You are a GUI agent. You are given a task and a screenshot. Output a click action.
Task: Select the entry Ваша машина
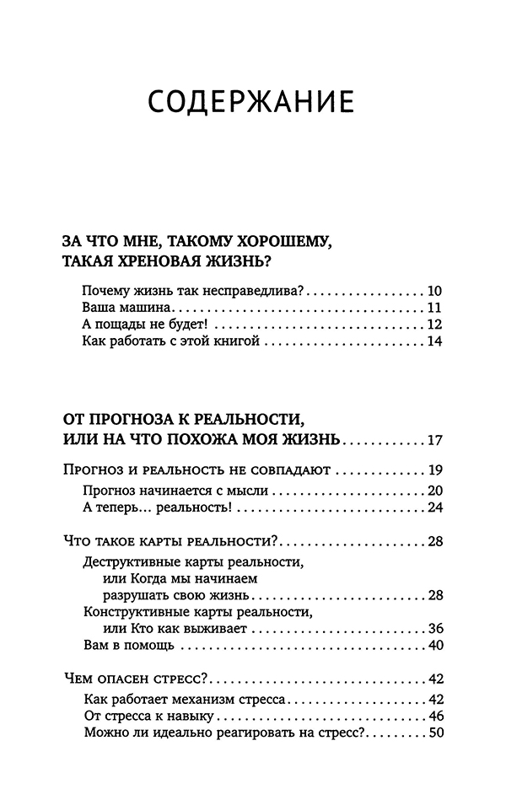[127, 307]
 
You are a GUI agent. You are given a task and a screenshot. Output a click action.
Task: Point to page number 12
[435, 324]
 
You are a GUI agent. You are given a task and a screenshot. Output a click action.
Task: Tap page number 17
[435, 440]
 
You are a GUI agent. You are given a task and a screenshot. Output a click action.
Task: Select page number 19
[435, 470]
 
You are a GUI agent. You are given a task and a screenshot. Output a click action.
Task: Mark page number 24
[435, 507]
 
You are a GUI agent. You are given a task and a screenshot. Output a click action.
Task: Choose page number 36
[435, 629]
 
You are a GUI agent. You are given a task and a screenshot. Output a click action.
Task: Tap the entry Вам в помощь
[129, 646]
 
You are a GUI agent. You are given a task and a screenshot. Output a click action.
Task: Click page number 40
[435, 646]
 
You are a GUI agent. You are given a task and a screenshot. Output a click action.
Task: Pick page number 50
[435, 733]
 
